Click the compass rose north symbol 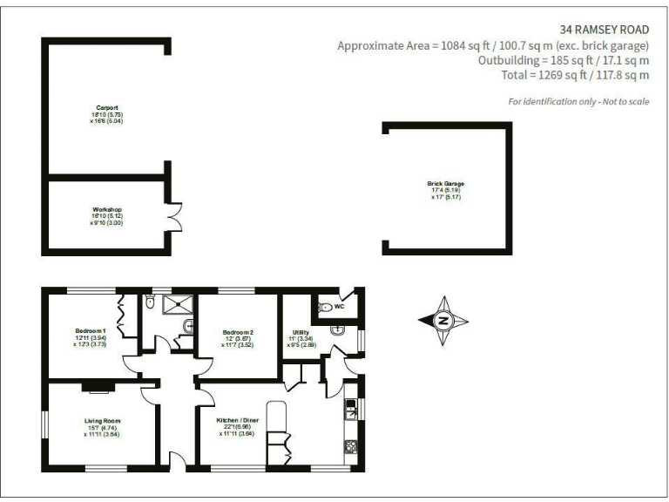tap(443, 321)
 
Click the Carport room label tap(107, 108)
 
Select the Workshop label tap(106, 210)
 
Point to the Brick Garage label tap(445, 184)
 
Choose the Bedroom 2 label tap(238, 332)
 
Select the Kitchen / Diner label tap(238, 421)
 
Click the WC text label tap(340, 307)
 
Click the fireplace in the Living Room tap(96, 383)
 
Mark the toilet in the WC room tap(324, 308)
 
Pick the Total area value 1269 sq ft tap(549, 76)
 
